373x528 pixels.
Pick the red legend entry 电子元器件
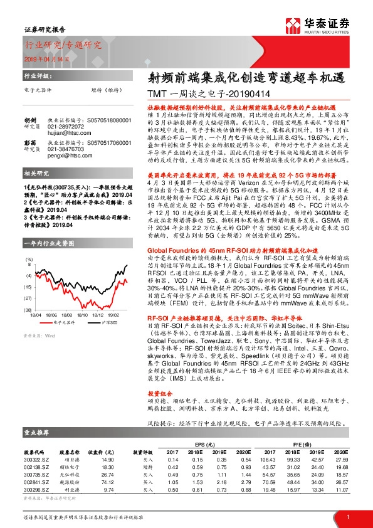tap(62, 322)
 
